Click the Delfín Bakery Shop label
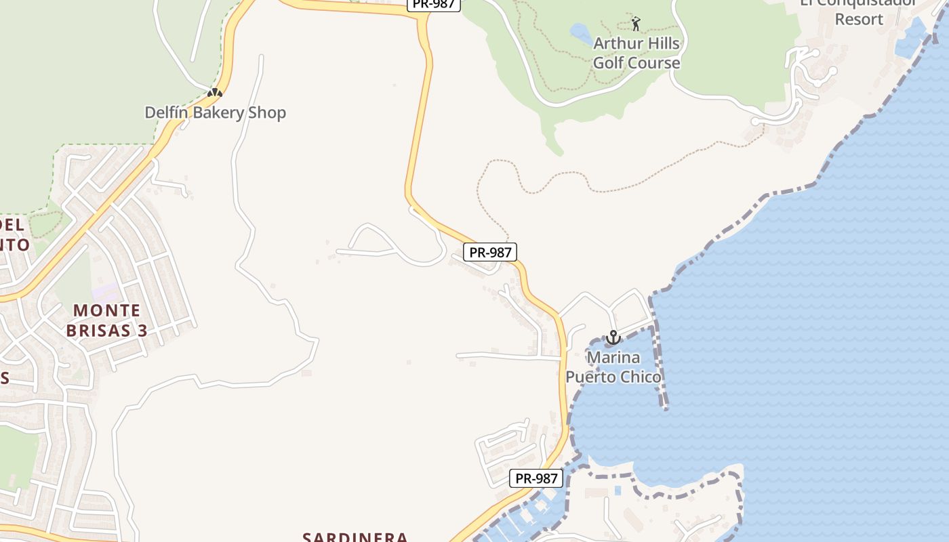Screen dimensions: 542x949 pyautogui.click(x=216, y=112)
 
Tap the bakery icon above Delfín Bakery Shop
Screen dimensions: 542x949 pyautogui.click(x=215, y=92)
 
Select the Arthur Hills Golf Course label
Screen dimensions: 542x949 pyautogui.click(x=637, y=54)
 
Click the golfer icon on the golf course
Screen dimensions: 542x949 pyautogui.click(x=636, y=24)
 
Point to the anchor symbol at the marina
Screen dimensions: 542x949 pyautogui.click(x=613, y=337)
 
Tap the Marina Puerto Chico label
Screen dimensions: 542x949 pyautogui.click(x=613, y=367)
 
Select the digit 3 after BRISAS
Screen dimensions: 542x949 pyautogui.click(x=143, y=331)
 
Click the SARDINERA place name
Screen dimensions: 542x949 pyautogui.click(x=355, y=537)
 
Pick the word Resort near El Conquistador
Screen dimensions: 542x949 pyautogui.click(x=859, y=19)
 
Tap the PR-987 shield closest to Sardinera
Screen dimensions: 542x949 pyautogui.click(x=536, y=478)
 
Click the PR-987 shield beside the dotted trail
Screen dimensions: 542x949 pyautogui.click(x=490, y=252)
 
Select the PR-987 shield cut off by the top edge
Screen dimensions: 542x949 pyautogui.click(x=434, y=4)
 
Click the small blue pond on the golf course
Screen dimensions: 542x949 pyautogui.click(x=581, y=32)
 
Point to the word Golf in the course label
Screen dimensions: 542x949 pyautogui.click(x=609, y=63)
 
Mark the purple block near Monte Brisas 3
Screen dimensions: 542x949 pyautogui.click(x=106, y=293)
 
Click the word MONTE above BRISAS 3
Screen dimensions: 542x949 pyautogui.click(x=106, y=311)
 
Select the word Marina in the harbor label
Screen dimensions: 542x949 pyautogui.click(x=613, y=357)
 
